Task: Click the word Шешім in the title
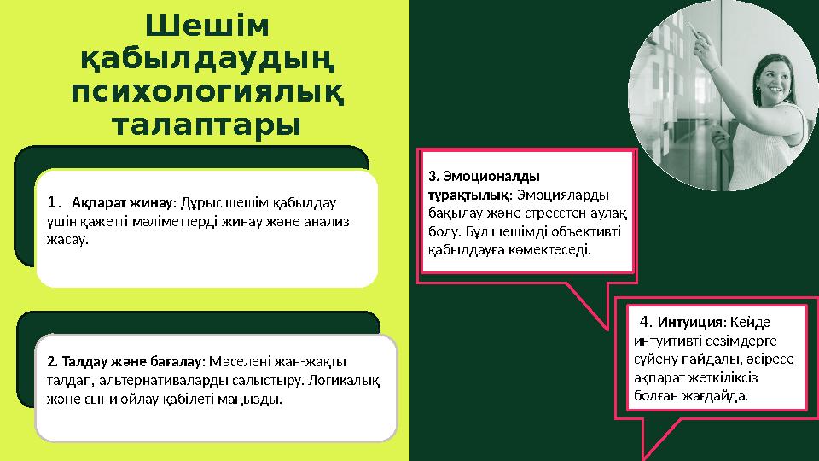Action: tap(207, 28)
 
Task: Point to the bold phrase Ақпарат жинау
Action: tap(122, 204)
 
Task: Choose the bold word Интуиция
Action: tap(690, 323)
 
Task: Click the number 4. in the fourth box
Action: tap(646, 322)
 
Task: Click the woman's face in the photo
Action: tap(764, 78)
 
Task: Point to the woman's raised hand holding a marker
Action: tap(701, 38)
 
